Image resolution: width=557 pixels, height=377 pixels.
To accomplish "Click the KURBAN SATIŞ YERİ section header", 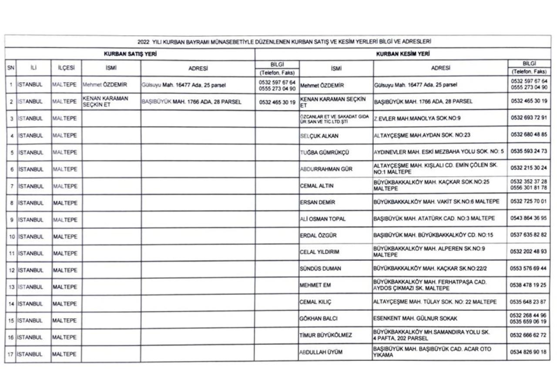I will coord(130,54).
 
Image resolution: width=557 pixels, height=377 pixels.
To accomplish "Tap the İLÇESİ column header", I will coord(66,68).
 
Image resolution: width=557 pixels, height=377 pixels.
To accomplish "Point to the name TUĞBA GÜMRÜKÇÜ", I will coord(325,152).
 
